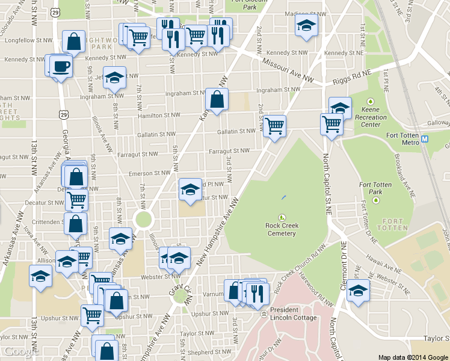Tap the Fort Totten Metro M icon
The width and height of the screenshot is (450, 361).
[x=425, y=139]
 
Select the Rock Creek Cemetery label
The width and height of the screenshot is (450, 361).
[x=282, y=229]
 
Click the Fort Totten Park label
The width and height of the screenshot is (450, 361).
[x=375, y=188]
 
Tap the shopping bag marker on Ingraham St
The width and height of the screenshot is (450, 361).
[x=217, y=100]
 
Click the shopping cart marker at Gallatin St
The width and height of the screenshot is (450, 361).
[x=274, y=126]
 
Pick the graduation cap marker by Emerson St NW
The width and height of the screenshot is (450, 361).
[x=190, y=190]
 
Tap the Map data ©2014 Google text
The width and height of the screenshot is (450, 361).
[x=413, y=357]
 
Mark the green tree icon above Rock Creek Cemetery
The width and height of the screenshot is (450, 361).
[x=281, y=217]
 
